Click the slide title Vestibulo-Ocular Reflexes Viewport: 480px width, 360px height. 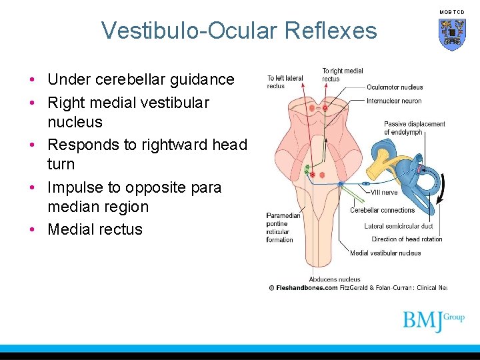coord(239,31)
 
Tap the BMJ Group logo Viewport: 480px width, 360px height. coord(433,321)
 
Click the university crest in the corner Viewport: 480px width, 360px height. coord(451,34)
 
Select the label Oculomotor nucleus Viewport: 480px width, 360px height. coord(394,87)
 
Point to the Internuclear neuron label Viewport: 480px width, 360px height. coord(393,101)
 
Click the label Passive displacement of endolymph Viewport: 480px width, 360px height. coord(414,128)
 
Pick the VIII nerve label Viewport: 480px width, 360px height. coord(385,193)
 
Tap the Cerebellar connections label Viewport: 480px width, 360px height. coord(382,210)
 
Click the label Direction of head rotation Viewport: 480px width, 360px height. coord(407,239)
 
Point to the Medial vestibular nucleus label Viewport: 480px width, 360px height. coord(385,253)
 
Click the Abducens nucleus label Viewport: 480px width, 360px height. coord(334,279)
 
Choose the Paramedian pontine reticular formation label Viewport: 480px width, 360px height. coord(283,227)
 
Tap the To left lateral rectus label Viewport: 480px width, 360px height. coord(285,82)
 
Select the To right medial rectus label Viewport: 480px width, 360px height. coord(342,75)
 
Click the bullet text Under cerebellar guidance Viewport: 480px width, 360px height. coord(141,79)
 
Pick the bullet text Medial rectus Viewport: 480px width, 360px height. coord(95,229)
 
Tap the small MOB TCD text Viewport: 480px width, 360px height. coord(451,12)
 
